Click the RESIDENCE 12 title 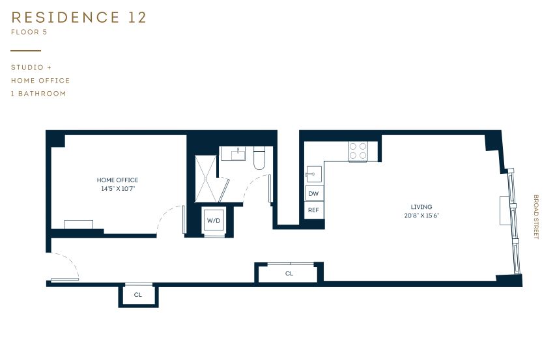(79, 18)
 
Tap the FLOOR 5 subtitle (29, 31)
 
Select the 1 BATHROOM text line (38, 94)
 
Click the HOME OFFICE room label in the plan (117, 180)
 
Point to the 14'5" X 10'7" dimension (117, 189)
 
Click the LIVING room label (421, 207)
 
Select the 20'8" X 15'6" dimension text (421, 215)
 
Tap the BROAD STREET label (536, 217)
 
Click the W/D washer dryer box (214, 221)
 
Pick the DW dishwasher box (313, 193)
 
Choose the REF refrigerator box (313, 210)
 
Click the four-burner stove (357, 151)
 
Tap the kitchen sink (313, 174)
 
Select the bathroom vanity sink (233, 154)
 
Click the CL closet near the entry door (138, 295)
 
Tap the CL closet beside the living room (289, 273)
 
